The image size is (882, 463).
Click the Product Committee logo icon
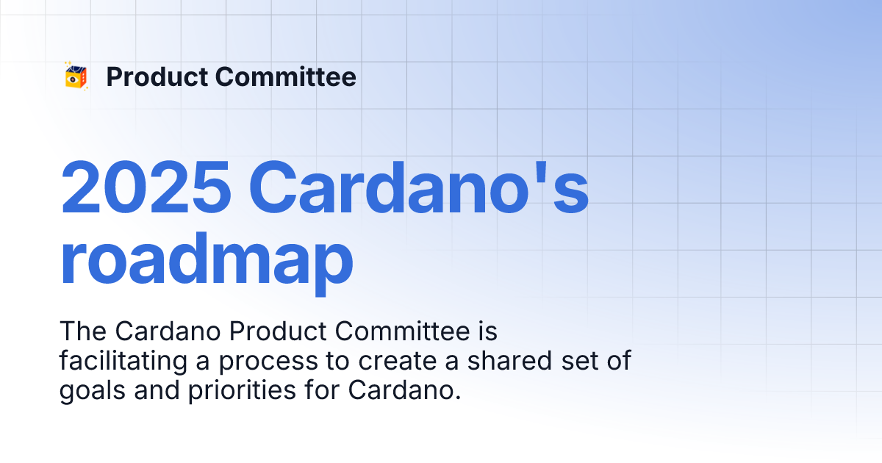[76, 76]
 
